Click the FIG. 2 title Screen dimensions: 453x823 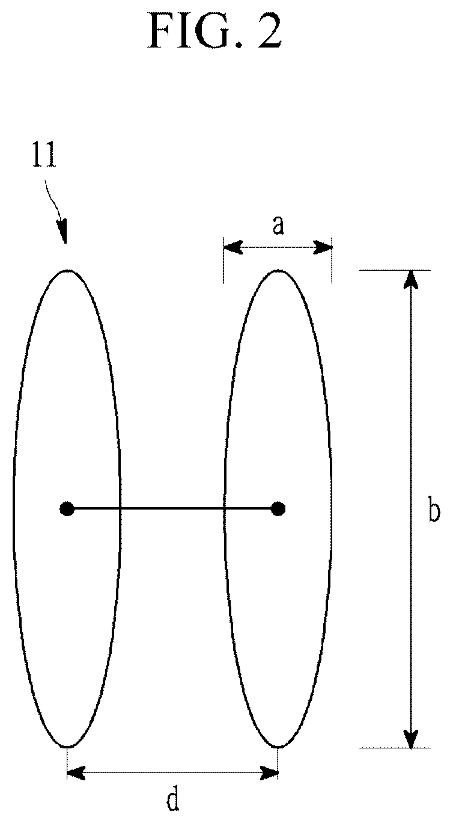pos(215,32)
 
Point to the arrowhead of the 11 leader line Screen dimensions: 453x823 pos(63,232)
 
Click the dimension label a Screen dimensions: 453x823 pos(278,225)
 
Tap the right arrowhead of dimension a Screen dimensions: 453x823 pos(323,247)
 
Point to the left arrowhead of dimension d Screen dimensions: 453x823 pos(76,773)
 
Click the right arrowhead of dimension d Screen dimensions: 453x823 pos(269,773)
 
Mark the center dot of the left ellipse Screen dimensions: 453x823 pos(67,509)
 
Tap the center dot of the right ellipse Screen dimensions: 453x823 pos(278,509)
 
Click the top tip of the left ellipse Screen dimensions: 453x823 pos(67,270)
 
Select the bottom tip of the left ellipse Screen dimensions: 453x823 pos(67,747)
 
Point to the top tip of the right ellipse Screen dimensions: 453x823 pos(278,270)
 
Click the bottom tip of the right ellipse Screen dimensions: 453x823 pos(278,747)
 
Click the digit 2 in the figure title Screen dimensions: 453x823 pos(270,32)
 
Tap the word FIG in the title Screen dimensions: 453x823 pos(190,32)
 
